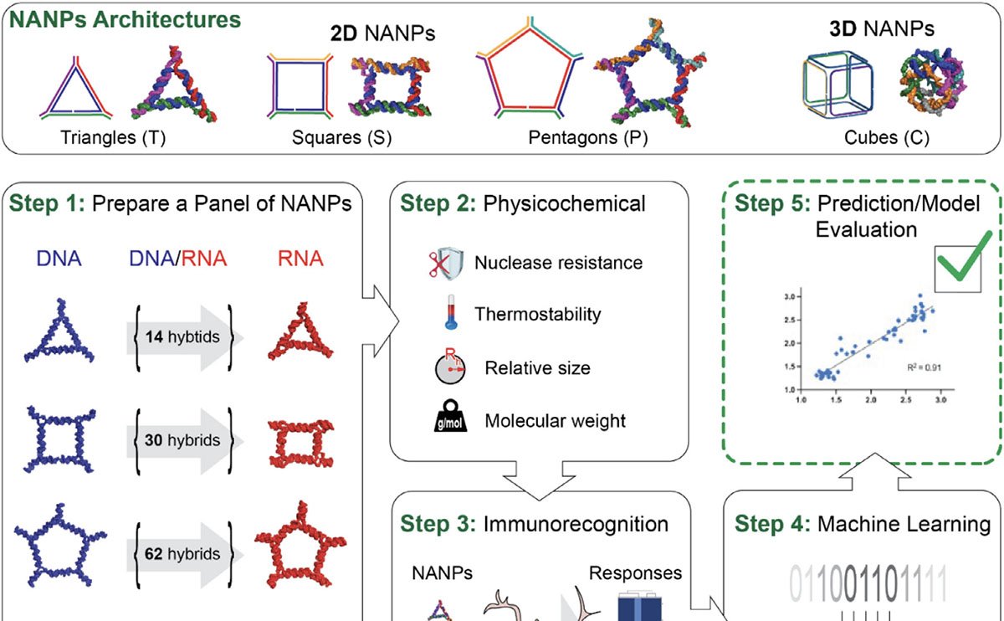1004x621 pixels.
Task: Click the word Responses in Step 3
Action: coord(635,573)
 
